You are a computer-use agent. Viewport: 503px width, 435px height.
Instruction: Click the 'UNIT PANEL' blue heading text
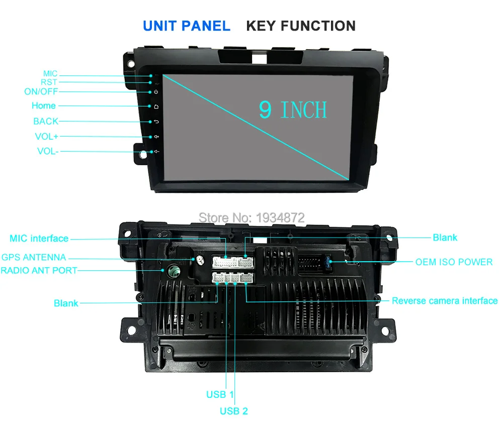(x=186, y=26)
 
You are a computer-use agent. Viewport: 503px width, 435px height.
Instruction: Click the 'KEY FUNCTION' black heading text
(x=300, y=26)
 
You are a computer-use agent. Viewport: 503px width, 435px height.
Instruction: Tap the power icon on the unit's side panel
(x=156, y=91)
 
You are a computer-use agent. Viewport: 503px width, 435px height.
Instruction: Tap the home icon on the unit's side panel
(x=156, y=106)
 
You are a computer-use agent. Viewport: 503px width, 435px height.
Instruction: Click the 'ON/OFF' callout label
(x=41, y=91)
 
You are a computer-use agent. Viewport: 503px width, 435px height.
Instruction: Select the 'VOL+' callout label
(x=46, y=136)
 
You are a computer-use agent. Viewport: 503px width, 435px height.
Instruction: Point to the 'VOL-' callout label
(x=47, y=151)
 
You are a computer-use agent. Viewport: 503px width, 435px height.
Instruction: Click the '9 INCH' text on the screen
(x=293, y=110)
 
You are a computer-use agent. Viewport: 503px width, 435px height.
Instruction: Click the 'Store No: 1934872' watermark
(x=251, y=217)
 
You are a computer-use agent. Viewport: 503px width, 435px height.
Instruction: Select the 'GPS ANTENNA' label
(x=34, y=257)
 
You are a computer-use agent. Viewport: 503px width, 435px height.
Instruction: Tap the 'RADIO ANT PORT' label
(x=39, y=270)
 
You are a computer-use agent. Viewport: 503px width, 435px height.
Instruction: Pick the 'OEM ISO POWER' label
(x=454, y=262)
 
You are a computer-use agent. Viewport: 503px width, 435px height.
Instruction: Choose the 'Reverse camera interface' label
(x=445, y=301)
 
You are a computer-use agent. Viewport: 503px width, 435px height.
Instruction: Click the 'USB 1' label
(x=220, y=394)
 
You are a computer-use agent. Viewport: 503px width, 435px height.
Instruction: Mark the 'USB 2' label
(x=234, y=411)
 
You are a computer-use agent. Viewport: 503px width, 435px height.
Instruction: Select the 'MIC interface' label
(x=39, y=238)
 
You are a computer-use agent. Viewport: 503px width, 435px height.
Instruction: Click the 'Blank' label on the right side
(x=445, y=238)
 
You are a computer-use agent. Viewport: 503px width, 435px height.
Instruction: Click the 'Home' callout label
(x=44, y=105)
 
